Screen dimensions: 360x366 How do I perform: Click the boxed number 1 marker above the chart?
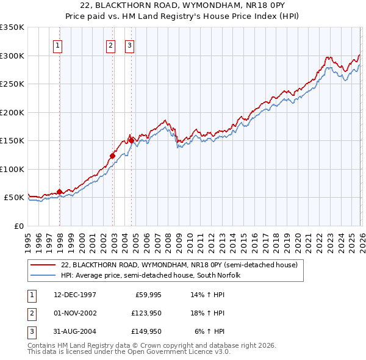point(57,45)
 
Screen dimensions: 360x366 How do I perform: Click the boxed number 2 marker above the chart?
point(110,45)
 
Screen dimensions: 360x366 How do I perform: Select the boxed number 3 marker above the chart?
point(130,45)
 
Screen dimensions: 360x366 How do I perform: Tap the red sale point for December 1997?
point(60,192)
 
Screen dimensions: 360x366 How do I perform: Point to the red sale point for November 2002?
point(113,156)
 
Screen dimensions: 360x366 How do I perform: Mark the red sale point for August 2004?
point(132,141)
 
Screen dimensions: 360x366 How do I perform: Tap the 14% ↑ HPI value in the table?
point(208,295)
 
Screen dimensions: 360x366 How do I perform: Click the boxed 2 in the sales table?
point(31,313)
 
